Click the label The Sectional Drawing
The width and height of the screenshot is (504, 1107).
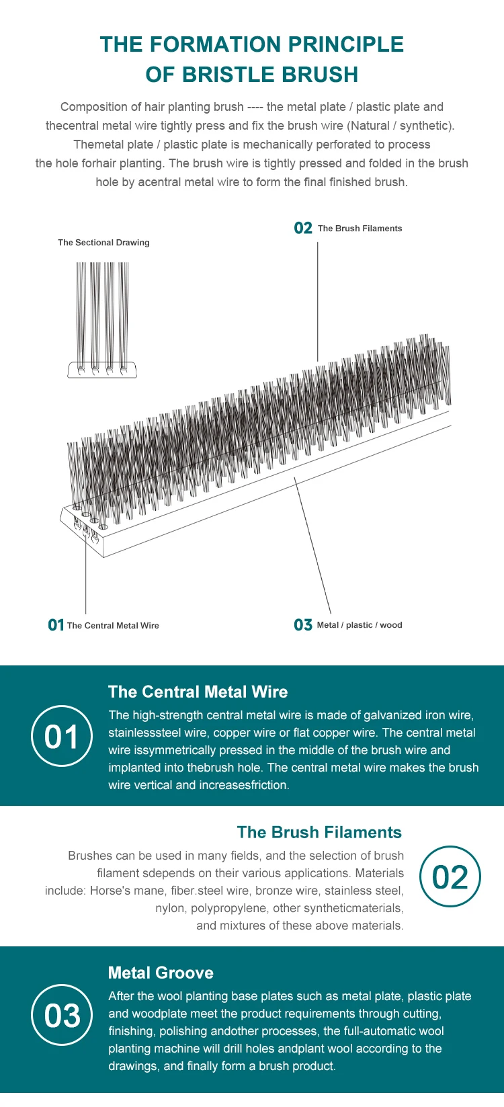(x=103, y=243)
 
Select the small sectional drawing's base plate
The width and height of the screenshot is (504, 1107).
(x=102, y=370)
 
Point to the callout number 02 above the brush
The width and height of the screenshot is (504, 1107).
(x=303, y=229)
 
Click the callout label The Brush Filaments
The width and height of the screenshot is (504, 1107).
(x=360, y=229)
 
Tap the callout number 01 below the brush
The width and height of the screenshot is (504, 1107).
(x=56, y=625)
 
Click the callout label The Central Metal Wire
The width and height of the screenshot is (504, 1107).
(x=113, y=626)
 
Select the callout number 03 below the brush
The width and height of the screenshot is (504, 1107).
(x=303, y=625)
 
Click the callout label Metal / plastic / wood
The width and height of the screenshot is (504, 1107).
(x=360, y=625)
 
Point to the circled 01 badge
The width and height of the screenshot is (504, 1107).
(x=62, y=736)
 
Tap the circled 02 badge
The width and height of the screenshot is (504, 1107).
(x=450, y=876)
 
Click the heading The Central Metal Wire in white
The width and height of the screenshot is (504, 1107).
(x=198, y=692)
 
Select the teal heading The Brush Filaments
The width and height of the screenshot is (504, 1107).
(x=319, y=832)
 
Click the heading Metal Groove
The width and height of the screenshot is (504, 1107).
(x=161, y=973)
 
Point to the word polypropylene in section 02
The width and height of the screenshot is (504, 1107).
(x=228, y=908)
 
